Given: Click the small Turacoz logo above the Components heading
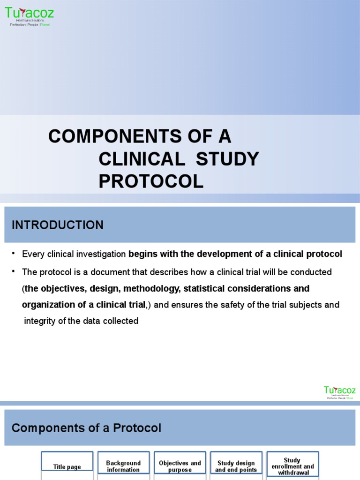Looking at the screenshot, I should [339, 392].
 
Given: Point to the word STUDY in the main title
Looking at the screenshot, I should [227, 159].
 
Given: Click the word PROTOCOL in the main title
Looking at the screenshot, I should [151, 181].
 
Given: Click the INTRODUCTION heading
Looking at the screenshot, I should [57, 225].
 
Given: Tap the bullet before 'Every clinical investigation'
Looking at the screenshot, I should [14, 254].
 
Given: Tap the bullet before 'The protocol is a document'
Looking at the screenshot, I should [14, 272].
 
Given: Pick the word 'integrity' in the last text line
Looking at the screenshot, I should [40, 321].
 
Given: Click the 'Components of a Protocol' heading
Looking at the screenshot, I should [86, 428].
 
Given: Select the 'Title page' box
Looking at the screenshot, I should [67, 466].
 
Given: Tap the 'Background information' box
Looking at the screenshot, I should [123, 466].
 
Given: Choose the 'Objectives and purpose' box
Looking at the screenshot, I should [180, 466].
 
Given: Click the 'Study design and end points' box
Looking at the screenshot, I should [236, 466].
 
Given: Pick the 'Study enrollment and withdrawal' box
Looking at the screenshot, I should [292, 466].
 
